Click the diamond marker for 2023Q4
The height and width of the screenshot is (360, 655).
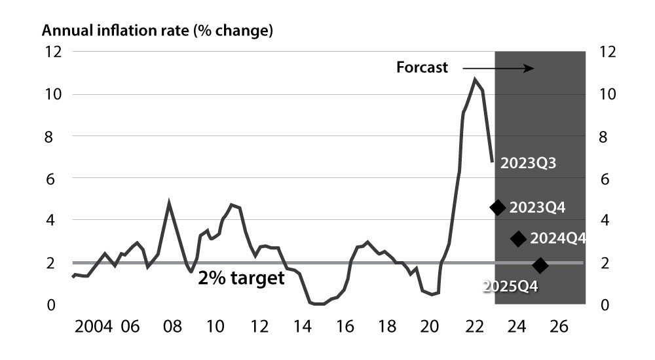[x=498, y=207]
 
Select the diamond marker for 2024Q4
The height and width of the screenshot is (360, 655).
[x=518, y=239]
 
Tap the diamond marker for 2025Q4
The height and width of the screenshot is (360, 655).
[x=540, y=265]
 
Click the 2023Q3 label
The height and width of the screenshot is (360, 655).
[x=528, y=164]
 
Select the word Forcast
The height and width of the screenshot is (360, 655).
[x=422, y=67]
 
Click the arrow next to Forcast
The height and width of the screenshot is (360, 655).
[x=498, y=67]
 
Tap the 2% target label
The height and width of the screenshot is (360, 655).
[x=241, y=278]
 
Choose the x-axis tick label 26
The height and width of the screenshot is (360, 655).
[x=559, y=326]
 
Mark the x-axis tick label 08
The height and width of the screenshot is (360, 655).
[x=172, y=326]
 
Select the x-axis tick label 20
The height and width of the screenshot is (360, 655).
[x=429, y=326]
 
